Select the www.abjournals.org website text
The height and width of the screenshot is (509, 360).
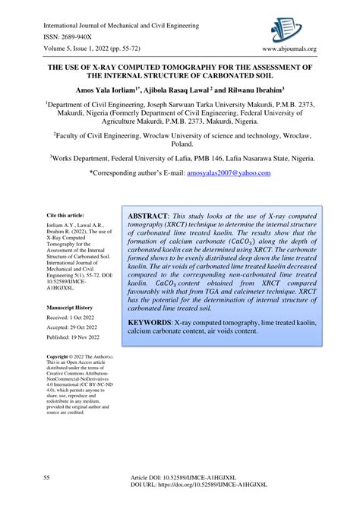pos(289,50)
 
